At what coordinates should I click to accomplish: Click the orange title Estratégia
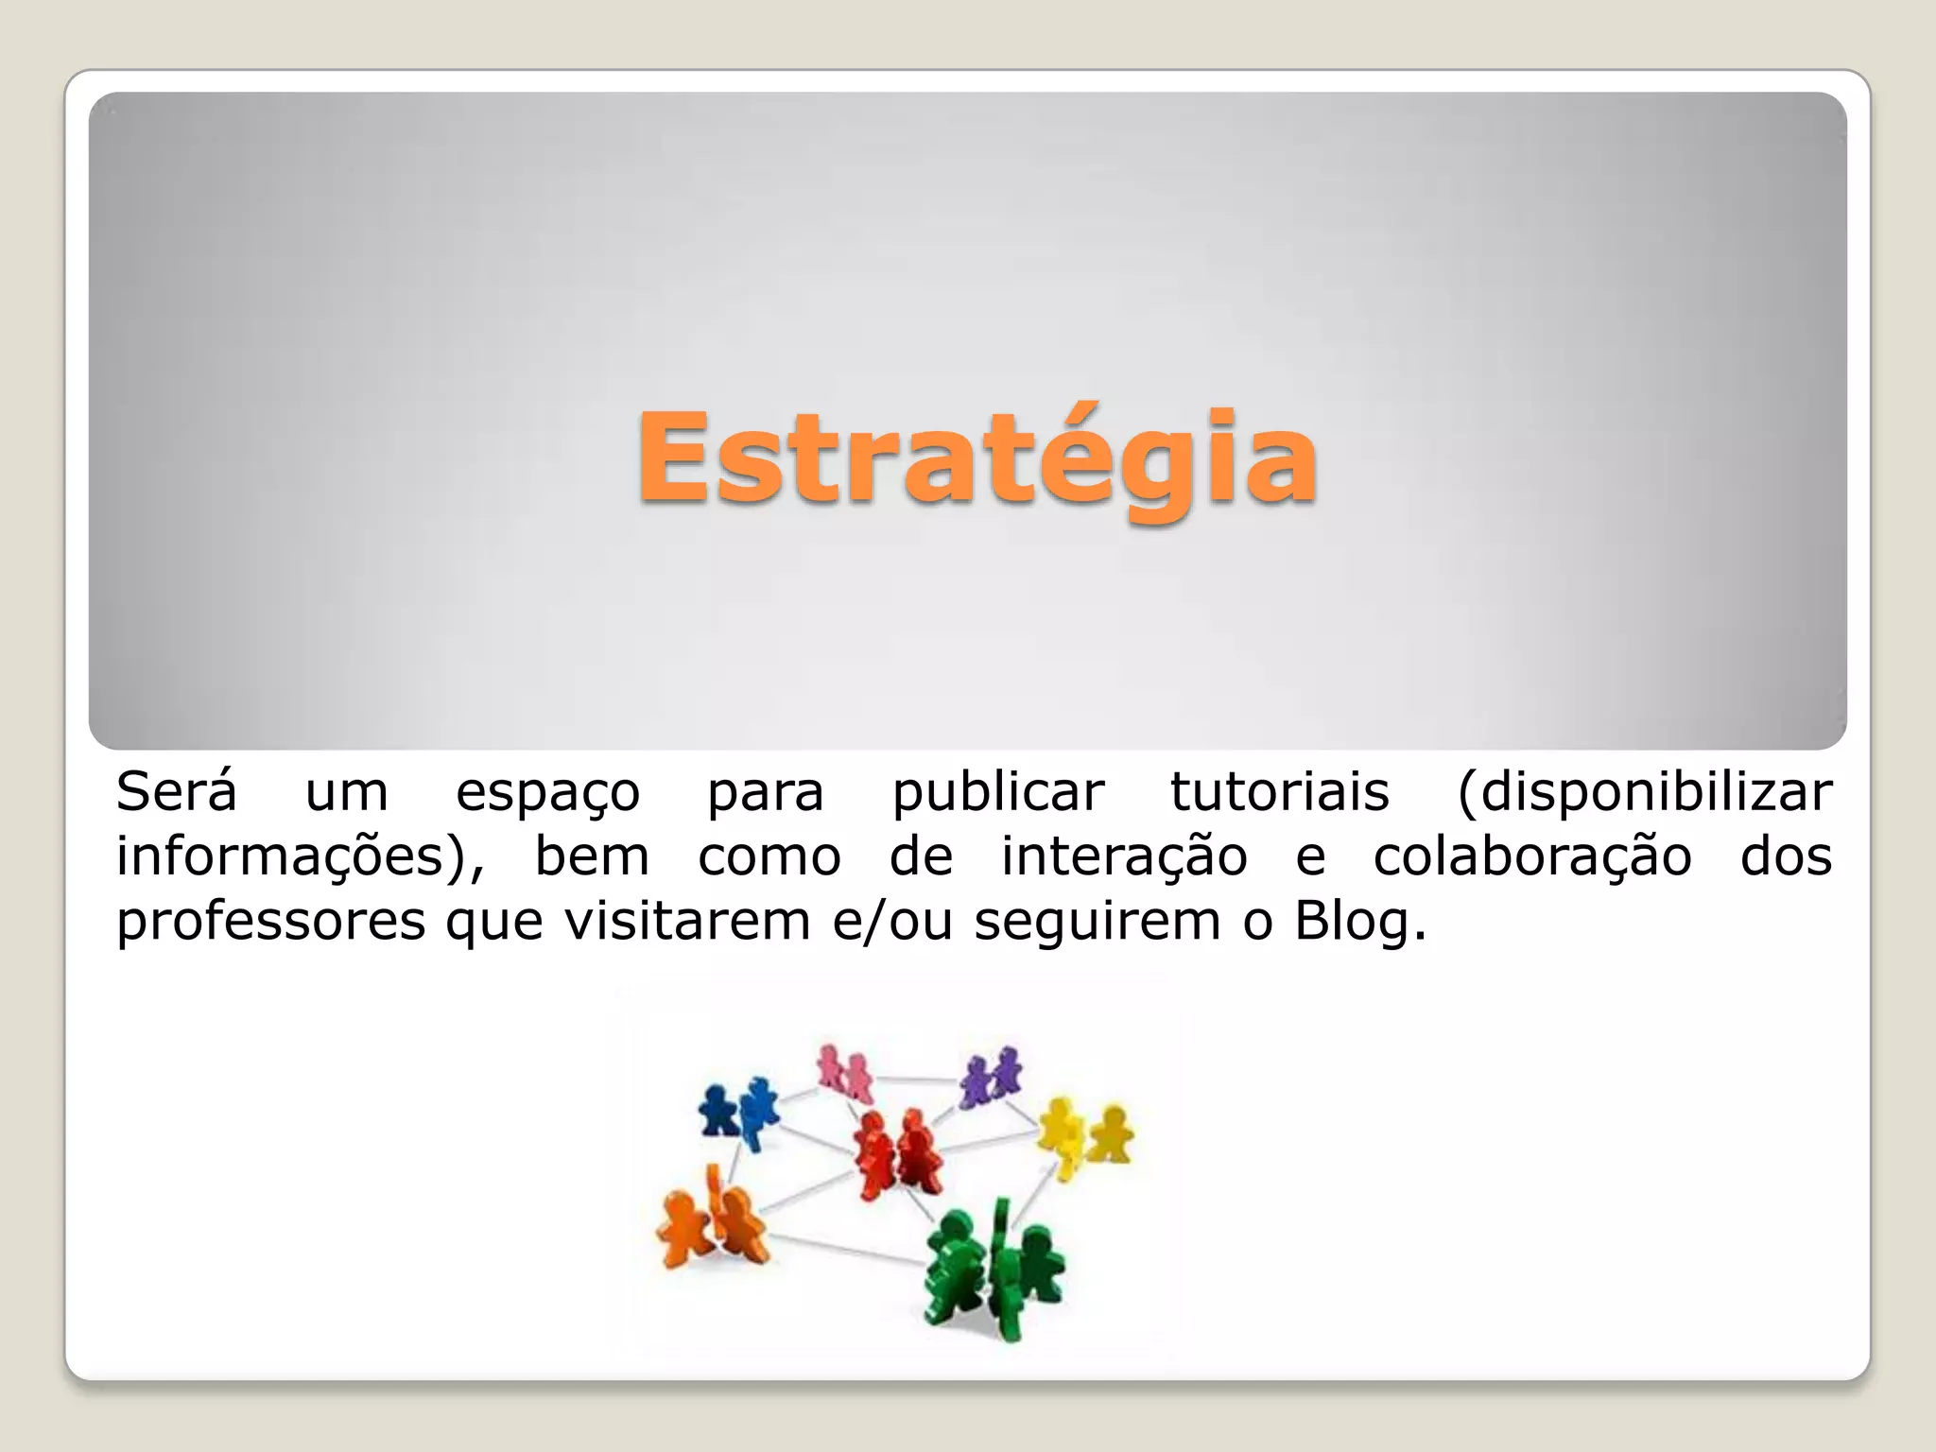pyautogui.click(x=977, y=459)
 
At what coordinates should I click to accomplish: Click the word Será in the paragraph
pyautogui.click(x=176, y=792)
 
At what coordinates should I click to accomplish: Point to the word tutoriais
pyautogui.click(x=1280, y=792)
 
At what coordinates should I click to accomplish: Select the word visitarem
pyautogui.click(x=687, y=921)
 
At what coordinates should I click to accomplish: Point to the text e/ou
pyautogui.click(x=892, y=921)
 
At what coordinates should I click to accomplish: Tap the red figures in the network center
pyautogui.click(x=897, y=1154)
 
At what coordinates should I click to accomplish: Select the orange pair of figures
pyautogui.click(x=713, y=1219)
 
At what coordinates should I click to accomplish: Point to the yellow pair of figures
pyautogui.click(x=1085, y=1134)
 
